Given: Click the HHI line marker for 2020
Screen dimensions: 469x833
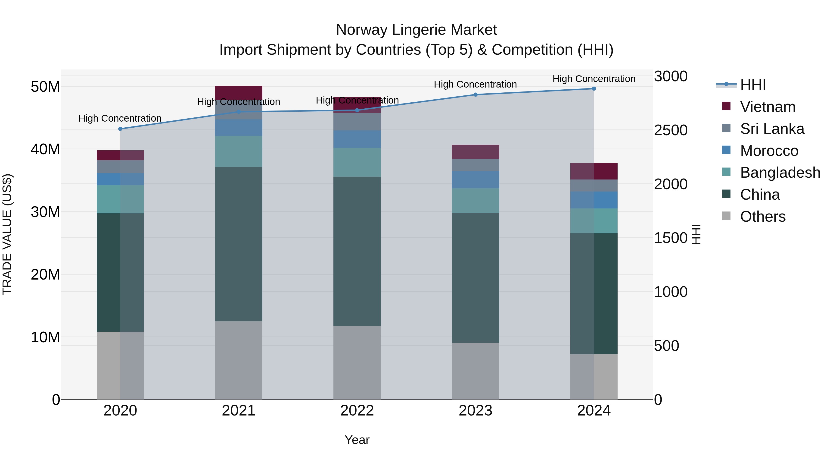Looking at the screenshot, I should coord(120,129).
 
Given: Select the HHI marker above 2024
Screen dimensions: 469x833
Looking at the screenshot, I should coord(594,89).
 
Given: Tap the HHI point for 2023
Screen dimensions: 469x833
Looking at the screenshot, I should coord(475,95).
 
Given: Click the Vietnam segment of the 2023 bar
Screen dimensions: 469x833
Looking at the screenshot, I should coord(475,152).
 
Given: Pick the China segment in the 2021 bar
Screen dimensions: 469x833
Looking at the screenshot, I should coord(239,244).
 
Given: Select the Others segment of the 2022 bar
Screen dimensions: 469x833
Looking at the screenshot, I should coord(357,362).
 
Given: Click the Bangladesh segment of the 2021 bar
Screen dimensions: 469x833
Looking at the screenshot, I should coord(239,151).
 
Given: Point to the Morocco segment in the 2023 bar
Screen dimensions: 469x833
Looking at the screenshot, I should coord(475,180).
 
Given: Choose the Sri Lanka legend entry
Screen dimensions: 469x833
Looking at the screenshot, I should coord(772,129).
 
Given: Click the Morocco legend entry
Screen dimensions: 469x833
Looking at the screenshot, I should coord(769,151).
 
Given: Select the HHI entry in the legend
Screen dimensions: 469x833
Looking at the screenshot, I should coord(753,85).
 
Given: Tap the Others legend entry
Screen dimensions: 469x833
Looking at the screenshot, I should coord(762,217).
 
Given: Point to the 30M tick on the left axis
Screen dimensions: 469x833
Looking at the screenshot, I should coord(45,212).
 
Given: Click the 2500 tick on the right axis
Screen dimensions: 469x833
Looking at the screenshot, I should coord(671,130).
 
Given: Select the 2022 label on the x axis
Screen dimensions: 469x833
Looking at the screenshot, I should coord(357,411).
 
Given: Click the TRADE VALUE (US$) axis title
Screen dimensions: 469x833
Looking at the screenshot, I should coord(7,234).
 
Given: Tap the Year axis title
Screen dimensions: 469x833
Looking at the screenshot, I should coord(357,440).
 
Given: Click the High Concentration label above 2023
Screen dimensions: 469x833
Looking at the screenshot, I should coord(475,84).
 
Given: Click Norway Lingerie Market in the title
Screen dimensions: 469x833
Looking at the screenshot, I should coord(416,30).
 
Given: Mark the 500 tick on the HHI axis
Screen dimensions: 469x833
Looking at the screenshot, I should coord(666,346).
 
